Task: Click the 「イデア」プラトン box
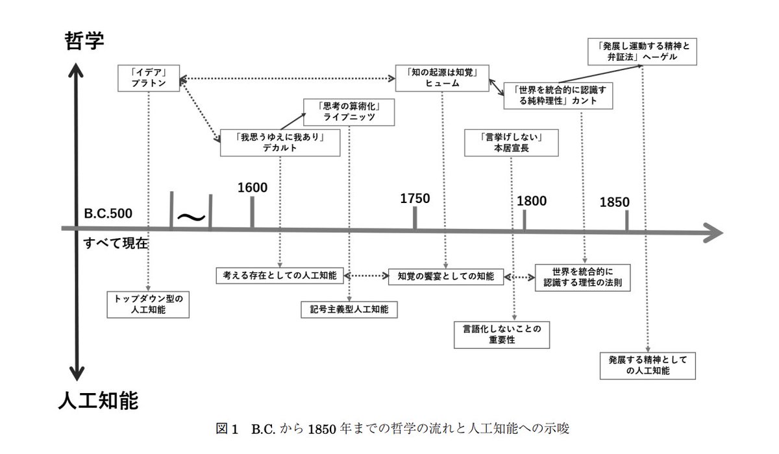(x=149, y=78)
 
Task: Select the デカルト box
(x=280, y=143)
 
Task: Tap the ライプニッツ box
(x=349, y=112)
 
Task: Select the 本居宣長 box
(x=512, y=143)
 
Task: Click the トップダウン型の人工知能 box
(x=149, y=304)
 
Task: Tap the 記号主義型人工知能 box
(x=349, y=309)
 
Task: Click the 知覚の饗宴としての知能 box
(x=446, y=276)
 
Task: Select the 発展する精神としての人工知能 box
(x=648, y=365)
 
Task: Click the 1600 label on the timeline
(x=253, y=187)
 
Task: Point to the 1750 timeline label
(x=415, y=198)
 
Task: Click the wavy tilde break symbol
(x=192, y=216)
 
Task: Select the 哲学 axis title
(x=85, y=40)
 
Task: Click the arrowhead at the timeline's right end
(x=711, y=232)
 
